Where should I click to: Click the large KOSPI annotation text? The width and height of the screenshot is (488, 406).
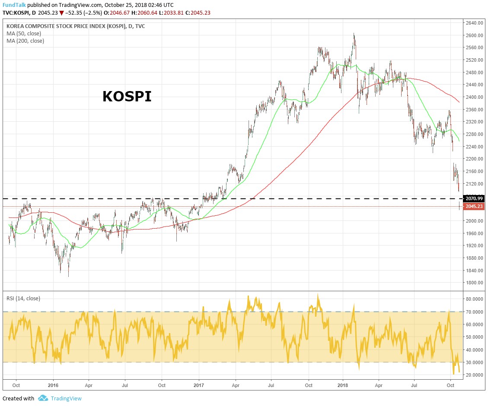click(x=127, y=97)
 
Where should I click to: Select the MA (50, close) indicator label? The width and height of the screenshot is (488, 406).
click(x=24, y=33)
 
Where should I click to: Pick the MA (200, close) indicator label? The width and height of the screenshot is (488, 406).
click(x=26, y=41)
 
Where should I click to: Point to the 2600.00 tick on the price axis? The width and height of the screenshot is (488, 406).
click(x=474, y=35)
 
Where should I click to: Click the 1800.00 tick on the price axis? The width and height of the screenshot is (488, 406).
click(x=474, y=283)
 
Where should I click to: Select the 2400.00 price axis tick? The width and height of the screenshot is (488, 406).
click(x=474, y=98)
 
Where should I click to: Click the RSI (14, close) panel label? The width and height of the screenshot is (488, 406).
click(x=23, y=298)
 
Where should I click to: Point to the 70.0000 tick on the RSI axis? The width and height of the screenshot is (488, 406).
click(x=474, y=312)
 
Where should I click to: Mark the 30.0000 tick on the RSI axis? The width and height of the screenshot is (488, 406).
click(x=474, y=362)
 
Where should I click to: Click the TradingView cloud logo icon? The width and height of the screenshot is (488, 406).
click(x=42, y=398)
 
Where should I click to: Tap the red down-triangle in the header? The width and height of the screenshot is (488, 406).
click(x=62, y=13)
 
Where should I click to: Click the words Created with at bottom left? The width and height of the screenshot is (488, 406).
click(x=18, y=399)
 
